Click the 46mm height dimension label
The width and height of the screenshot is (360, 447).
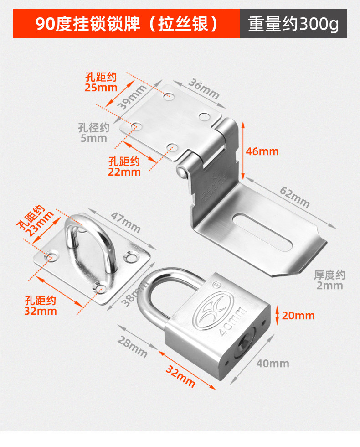tap(262, 151)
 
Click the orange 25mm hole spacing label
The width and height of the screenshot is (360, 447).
tap(101, 82)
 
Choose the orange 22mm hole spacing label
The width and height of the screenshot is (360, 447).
tap(124, 166)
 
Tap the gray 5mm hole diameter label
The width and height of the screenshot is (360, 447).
tap(94, 133)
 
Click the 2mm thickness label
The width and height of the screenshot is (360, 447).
tap(329, 280)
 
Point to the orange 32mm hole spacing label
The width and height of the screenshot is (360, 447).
tap(41, 306)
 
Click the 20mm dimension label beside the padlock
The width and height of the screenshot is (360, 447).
tap(298, 315)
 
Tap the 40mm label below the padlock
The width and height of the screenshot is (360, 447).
tap(273, 363)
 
